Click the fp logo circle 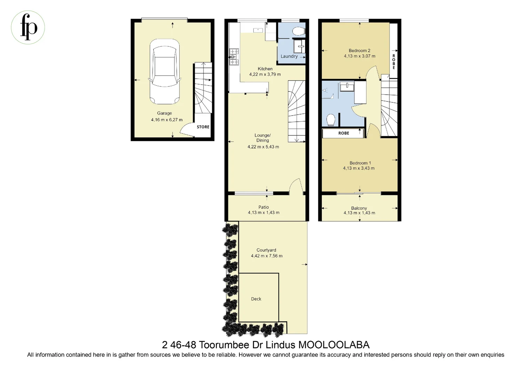28,27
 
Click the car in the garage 164,72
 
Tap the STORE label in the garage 203,127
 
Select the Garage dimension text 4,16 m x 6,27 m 167,120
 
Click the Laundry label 289,56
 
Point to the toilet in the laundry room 298,31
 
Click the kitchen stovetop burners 234,57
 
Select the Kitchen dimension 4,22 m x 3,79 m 265,75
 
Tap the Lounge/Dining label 263,138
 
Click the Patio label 264,207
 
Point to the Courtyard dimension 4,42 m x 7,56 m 267,256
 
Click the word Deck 256,299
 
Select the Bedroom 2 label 359,50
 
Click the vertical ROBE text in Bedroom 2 394,62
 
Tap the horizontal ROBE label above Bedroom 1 343,133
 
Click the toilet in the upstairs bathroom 331,120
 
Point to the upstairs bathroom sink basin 347,86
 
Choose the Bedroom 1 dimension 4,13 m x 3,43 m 359,169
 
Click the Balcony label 359,208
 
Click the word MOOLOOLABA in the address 334,345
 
